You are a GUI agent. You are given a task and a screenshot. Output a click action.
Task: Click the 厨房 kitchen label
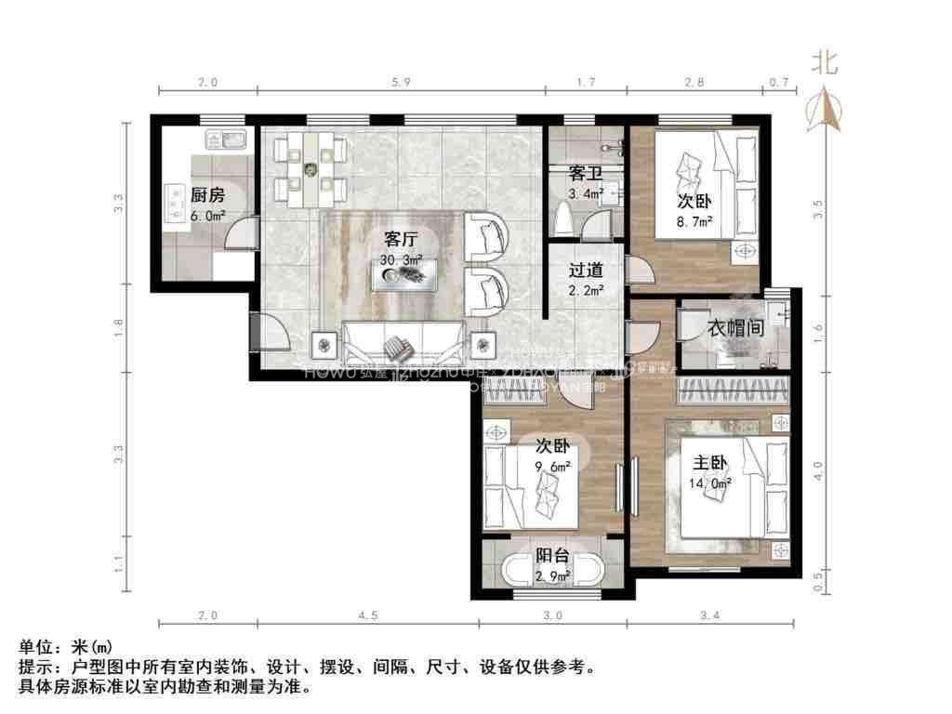click(207, 195)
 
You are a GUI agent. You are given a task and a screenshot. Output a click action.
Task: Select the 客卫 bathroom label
click(586, 174)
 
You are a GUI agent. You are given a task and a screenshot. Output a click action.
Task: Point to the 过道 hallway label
click(587, 271)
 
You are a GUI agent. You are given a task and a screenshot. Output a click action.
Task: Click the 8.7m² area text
click(694, 221)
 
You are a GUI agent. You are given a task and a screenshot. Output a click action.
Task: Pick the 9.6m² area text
click(551, 468)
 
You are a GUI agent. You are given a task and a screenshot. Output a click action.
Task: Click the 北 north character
click(825, 63)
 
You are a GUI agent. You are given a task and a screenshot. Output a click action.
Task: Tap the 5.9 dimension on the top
click(401, 83)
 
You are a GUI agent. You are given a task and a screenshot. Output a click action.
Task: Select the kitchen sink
click(225, 141)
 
